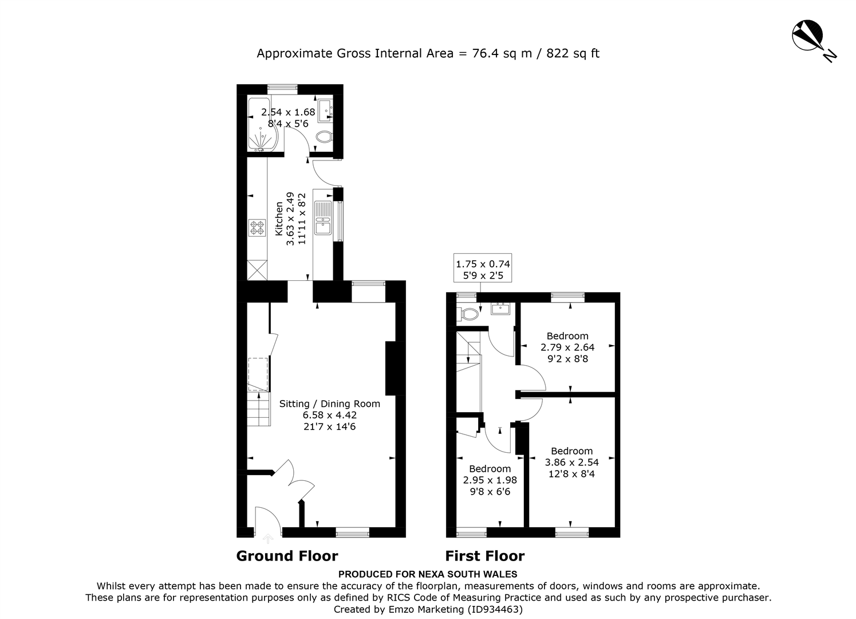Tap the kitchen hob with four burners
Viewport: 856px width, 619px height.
click(x=257, y=227)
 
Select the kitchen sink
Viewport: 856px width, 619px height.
click(x=324, y=218)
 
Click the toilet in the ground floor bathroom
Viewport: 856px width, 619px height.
click(x=325, y=136)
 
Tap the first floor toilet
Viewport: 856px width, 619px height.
click(x=468, y=314)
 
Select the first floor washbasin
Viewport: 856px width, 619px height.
click(x=500, y=308)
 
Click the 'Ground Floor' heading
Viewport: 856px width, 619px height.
click(x=287, y=556)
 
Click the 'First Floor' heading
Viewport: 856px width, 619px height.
click(x=485, y=556)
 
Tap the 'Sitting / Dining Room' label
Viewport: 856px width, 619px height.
click(x=329, y=403)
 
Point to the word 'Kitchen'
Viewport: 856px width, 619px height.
click(x=279, y=219)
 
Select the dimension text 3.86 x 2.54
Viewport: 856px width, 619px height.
click(x=571, y=462)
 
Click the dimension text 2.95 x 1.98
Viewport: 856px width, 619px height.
click(x=490, y=480)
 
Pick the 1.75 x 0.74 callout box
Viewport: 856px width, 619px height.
click(x=483, y=268)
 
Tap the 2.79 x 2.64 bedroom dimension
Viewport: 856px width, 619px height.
click(x=567, y=347)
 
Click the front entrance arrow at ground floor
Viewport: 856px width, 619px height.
click(x=268, y=539)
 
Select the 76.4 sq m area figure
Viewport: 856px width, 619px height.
click(x=502, y=53)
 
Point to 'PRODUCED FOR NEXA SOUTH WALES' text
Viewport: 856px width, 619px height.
click(x=428, y=574)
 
